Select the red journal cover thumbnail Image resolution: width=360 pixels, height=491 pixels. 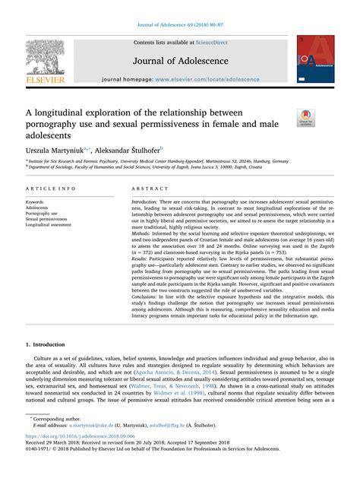pos(314,59)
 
